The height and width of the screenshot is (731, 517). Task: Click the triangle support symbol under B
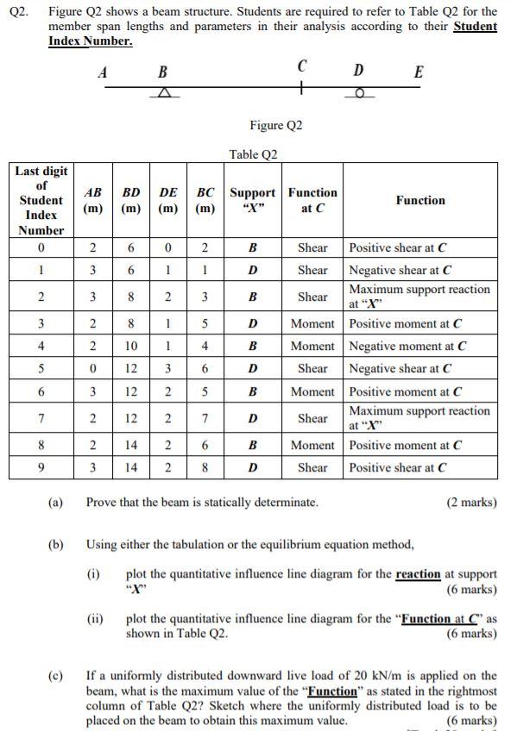coord(164,93)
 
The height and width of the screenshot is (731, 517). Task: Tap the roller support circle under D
coord(359,93)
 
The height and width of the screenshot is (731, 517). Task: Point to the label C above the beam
coord(301,66)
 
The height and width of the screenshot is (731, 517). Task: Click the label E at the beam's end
coord(419,72)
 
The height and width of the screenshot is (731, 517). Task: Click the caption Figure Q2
coord(276,126)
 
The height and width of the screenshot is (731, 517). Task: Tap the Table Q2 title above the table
coord(254,154)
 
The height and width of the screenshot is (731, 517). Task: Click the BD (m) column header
coord(132,200)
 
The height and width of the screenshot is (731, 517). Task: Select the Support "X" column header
coord(253,200)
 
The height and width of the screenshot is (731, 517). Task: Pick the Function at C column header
coord(312,200)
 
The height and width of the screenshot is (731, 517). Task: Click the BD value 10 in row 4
coord(131,346)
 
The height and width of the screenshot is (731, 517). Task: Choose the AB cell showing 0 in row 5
coord(92,368)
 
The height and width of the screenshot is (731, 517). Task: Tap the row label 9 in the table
coord(41,468)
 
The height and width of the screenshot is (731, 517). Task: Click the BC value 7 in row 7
coord(205,418)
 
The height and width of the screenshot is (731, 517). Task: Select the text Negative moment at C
coord(406,346)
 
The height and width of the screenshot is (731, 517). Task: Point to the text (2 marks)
coord(471,502)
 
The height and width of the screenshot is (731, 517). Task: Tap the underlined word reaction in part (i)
coord(418,574)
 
